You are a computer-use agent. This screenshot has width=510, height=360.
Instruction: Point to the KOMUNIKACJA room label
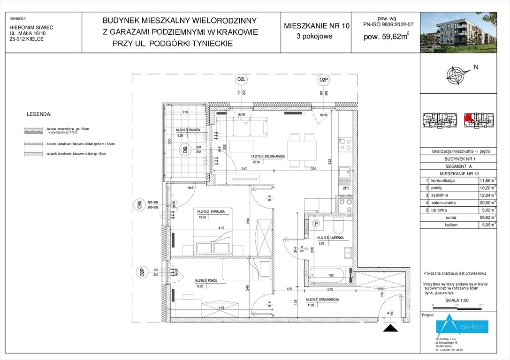[x=322, y=299]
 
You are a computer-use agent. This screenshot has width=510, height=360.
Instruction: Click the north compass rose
[x=457, y=75]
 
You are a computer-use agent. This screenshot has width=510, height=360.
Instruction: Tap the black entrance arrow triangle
[x=390, y=328]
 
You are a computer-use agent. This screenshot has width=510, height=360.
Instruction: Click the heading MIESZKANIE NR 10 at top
[x=317, y=26]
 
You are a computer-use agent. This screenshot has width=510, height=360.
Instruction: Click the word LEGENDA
[x=40, y=114]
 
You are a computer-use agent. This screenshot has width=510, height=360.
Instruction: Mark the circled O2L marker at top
[x=241, y=80]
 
